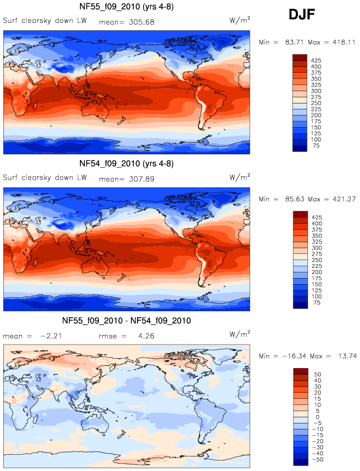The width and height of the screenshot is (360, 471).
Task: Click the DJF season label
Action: [x=302, y=15]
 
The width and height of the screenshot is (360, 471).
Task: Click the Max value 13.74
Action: [x=345, y=356]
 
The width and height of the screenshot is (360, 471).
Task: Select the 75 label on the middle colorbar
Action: [x=315, y=305]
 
